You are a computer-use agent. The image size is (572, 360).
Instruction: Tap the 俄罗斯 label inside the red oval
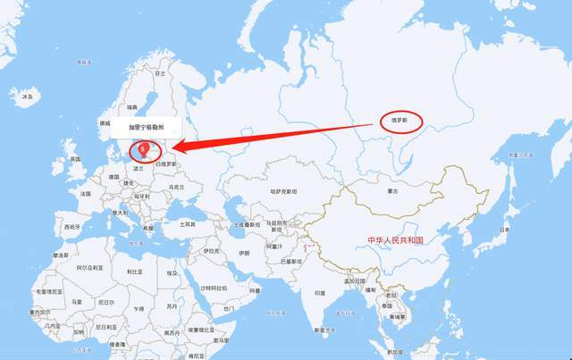click(396, 119)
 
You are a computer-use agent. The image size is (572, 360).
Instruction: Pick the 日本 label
click(504, 230)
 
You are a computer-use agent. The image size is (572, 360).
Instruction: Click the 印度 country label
click(319, 292)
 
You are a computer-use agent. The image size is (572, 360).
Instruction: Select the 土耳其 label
click(188, 224)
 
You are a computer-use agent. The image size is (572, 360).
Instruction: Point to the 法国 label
click(85, 194)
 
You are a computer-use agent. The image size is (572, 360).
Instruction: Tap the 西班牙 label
click(70, 227)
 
